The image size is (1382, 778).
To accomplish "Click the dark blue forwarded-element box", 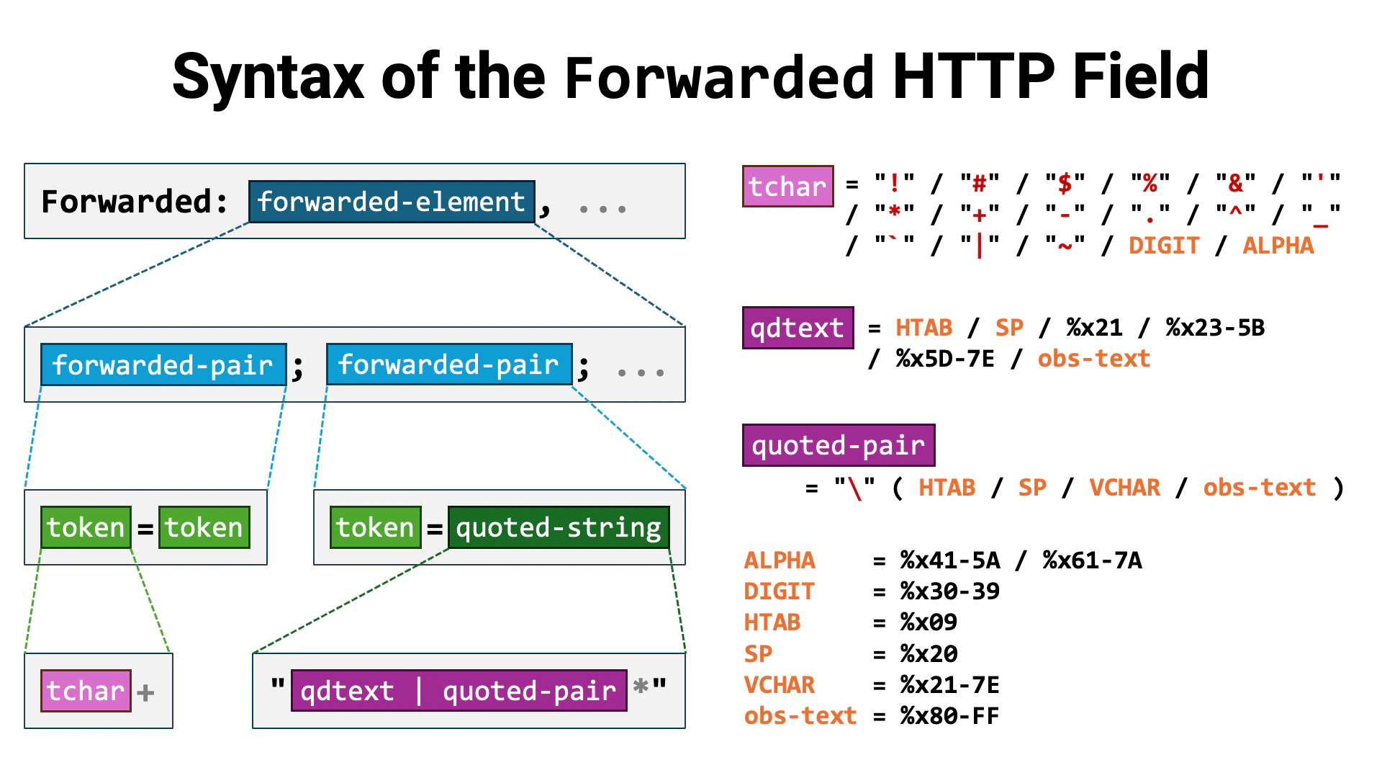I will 392,202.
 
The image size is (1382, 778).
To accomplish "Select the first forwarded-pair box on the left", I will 163,365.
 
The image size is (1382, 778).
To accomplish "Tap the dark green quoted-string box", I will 559,528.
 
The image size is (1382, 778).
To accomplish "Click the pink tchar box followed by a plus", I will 86,692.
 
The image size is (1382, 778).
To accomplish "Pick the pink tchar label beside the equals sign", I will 787,187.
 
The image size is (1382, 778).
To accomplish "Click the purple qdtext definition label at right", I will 798,328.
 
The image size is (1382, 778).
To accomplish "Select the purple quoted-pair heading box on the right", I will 839,446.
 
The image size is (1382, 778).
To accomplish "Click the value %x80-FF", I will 949,716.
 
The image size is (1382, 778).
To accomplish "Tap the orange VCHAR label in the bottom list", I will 780,685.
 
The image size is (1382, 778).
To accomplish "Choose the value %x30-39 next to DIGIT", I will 949,591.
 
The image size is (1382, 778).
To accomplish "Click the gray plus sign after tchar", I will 145,693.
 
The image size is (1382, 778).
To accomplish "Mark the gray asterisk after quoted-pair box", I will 640,686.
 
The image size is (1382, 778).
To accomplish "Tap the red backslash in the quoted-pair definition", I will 854,488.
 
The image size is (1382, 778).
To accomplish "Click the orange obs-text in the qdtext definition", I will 1093,359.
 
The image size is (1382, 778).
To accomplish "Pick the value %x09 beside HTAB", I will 929,622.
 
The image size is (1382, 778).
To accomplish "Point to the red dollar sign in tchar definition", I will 1065,184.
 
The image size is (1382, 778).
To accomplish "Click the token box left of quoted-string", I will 375,528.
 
